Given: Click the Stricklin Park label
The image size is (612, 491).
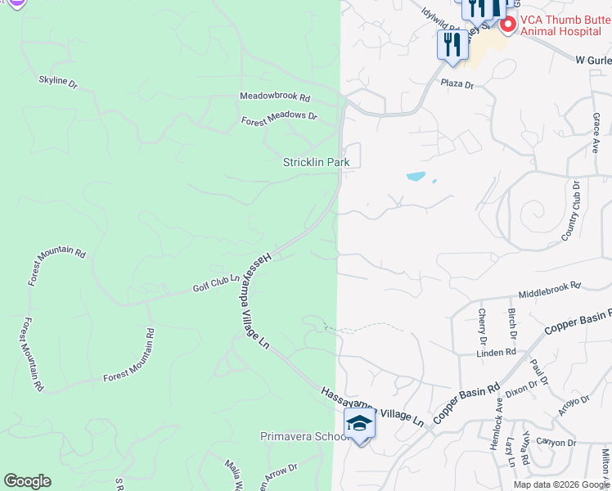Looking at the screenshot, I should pos(316,162).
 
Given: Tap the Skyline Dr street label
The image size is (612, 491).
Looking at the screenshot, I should pos(57,83).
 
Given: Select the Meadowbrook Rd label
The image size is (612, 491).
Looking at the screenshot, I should pos(274,96).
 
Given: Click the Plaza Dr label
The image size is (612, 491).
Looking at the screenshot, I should pos(457,83).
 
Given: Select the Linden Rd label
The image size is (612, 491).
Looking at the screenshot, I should pos(497,352).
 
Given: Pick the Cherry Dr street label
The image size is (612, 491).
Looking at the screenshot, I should pos(482,325).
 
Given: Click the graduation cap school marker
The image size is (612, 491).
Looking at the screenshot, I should pos(359,424).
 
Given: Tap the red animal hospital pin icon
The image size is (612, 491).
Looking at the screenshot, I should pos(507,25).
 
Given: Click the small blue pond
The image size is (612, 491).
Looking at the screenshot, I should pos(416,176).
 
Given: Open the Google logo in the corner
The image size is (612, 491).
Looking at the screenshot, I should pos(27,481).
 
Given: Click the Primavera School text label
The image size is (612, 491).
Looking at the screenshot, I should pos(305,436).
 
